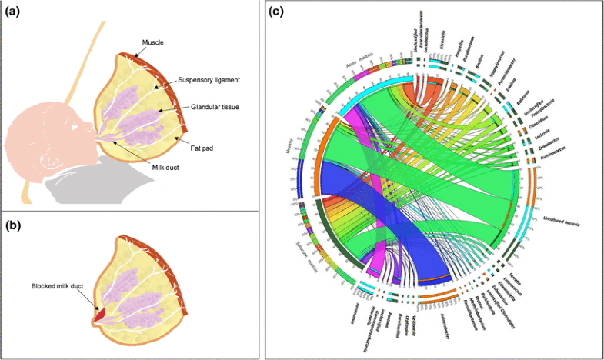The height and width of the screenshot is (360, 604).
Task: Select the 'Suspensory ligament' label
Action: point(207,80)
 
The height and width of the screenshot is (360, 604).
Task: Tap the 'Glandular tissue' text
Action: point(209,109)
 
